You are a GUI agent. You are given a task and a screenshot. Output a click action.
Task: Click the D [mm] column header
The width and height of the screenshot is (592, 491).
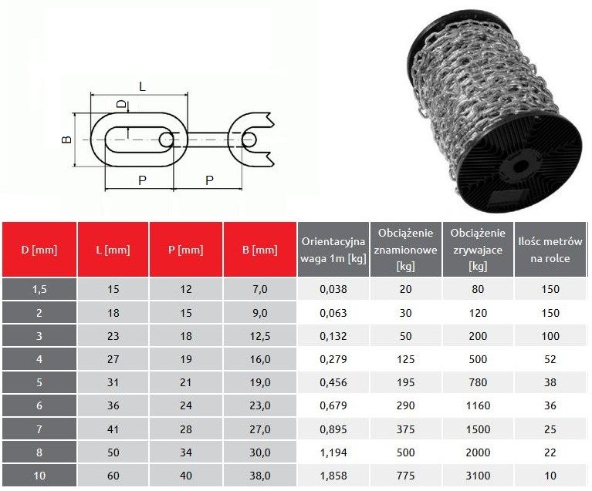39,250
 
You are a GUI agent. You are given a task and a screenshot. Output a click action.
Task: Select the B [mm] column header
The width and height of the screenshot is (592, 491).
260,250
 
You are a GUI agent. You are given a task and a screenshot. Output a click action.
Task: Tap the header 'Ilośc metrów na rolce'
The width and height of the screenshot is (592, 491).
550,250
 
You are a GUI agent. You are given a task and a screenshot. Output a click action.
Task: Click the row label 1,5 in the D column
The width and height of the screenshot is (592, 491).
39,289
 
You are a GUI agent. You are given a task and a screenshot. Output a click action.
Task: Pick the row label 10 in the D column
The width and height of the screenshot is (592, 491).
39,476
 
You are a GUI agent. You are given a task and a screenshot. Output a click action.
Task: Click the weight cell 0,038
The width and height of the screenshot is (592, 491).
333,289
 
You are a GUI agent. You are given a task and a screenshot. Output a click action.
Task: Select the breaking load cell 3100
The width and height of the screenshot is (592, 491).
478,476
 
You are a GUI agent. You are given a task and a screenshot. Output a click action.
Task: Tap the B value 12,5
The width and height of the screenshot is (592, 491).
260,336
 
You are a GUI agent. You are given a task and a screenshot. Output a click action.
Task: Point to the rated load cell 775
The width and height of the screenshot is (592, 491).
405,476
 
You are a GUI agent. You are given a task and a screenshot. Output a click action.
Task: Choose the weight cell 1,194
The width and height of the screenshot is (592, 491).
333,452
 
